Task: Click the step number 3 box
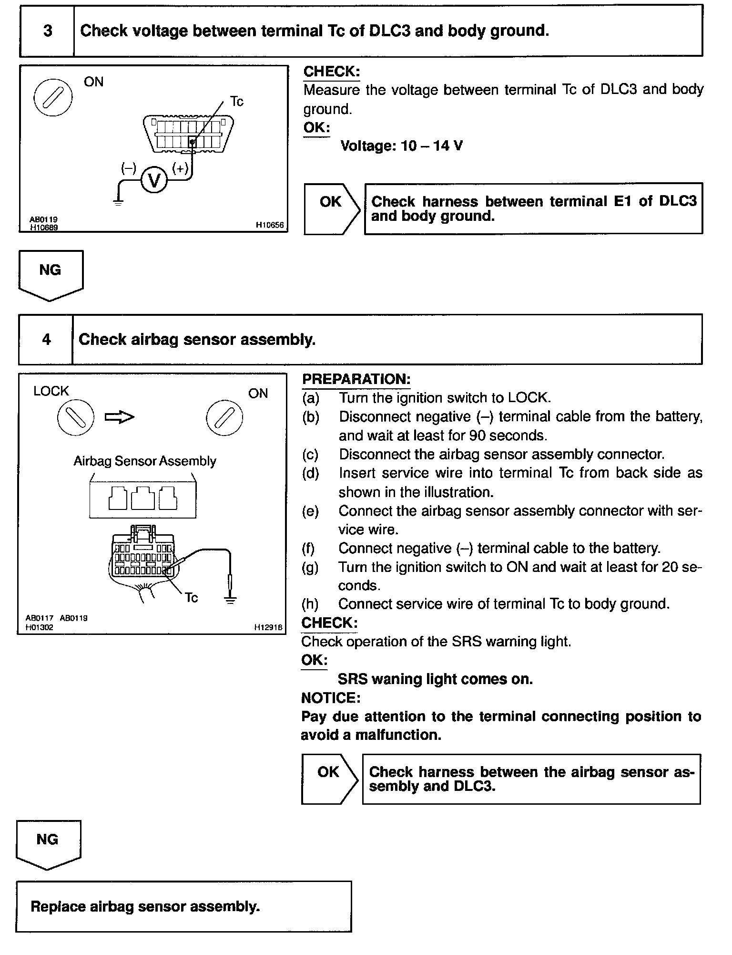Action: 47,31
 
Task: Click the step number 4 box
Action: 46,340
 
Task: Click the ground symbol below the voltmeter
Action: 118,202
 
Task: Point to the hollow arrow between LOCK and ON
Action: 120,417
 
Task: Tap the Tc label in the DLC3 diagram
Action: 236,101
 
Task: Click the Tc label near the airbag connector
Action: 191,598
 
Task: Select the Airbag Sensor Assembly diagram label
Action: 145,461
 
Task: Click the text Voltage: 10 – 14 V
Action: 401,146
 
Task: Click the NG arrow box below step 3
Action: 51,274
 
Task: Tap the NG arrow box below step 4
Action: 48,844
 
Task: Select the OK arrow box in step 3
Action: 331,208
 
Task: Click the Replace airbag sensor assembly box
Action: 183,906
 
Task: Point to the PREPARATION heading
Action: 356,380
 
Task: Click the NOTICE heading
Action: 331,698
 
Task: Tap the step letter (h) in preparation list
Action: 310,604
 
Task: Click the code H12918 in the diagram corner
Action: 269,628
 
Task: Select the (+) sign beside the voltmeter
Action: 180,168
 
